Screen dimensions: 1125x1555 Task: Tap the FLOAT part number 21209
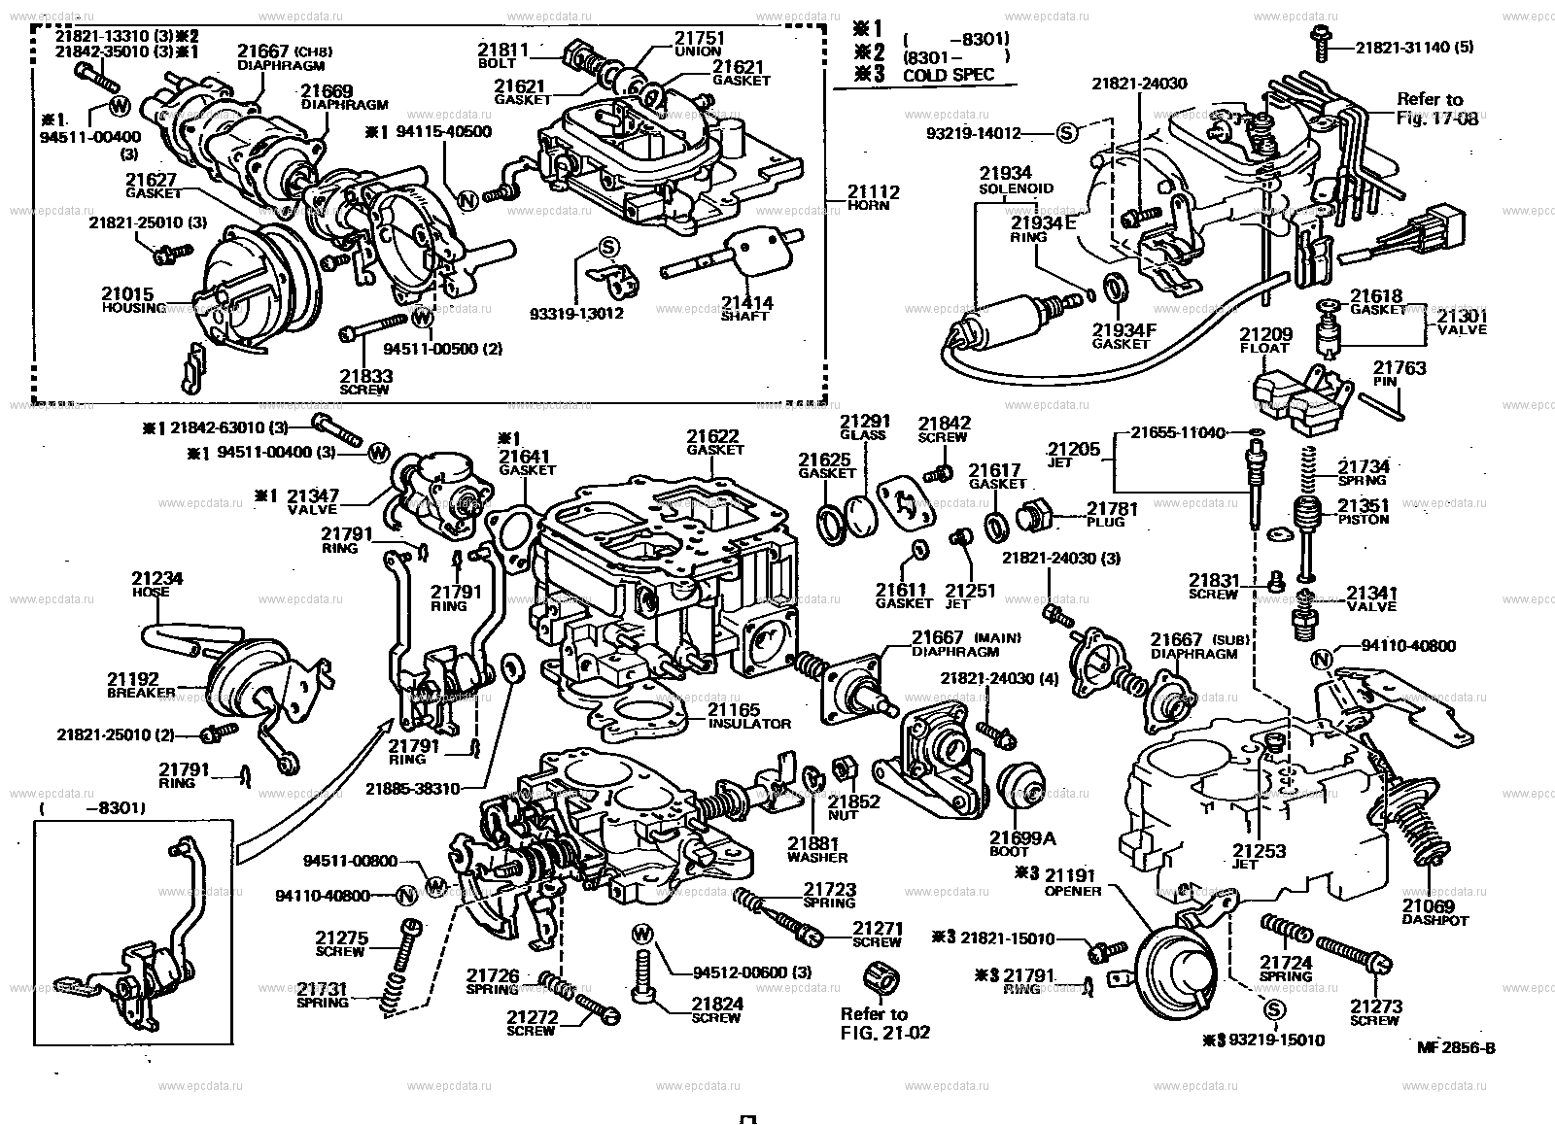(1263, 333)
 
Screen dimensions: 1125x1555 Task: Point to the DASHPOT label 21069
(1428, 905)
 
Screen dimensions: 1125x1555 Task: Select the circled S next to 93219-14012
(1067, 133)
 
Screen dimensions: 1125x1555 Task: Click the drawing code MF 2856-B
(1455, 1047)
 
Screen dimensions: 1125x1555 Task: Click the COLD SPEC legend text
(948, 75)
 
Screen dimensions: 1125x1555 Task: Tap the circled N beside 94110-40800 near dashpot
(1320, 661)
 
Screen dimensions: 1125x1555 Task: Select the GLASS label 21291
(864, 421)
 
